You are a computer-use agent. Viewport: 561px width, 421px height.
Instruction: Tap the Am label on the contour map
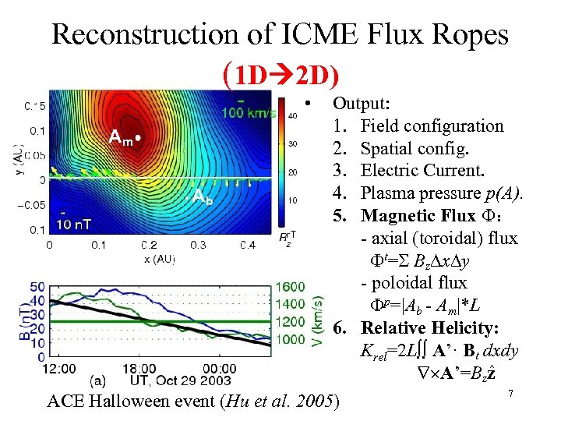pos(121,138)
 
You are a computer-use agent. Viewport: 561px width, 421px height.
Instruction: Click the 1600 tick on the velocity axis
pos(291,287)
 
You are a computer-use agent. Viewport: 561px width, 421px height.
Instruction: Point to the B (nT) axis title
pos(11,320)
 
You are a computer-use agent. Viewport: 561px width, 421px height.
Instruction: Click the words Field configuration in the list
pos(432,126)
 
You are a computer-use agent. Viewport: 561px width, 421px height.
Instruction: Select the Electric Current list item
pos(422,170)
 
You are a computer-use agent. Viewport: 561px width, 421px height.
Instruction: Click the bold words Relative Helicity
pos(432,327)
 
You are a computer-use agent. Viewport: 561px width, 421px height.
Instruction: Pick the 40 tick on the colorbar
pos(292,115)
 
